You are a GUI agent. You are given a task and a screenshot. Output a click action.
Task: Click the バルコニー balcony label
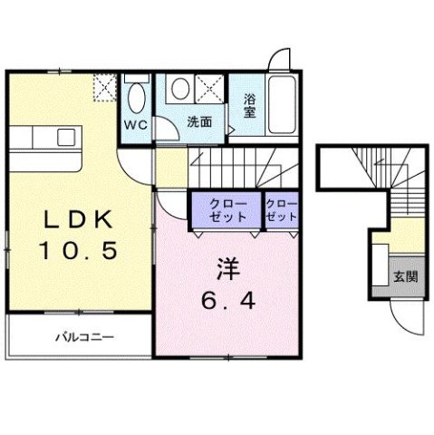point(83,337)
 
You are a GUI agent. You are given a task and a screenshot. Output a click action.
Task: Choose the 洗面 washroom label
point(199,121)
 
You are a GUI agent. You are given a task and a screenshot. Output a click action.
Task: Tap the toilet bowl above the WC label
point(137,93)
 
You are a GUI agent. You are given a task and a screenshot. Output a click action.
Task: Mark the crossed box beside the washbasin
point(211,91)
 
